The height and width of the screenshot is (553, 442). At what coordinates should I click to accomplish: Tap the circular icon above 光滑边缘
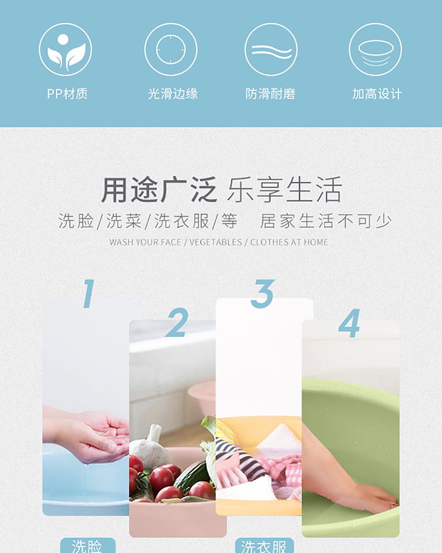click(171, 49)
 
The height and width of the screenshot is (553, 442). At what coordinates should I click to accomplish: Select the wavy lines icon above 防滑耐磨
click(271, 49)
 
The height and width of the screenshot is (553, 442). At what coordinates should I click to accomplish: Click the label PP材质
click(67, 94)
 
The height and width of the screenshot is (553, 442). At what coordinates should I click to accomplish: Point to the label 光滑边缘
click(173, 94)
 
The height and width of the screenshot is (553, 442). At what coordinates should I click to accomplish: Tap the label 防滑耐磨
click(271, 94)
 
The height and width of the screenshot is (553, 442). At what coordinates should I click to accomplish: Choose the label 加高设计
click(377, 94)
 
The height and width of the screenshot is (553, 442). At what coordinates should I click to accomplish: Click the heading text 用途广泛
click(159, 190)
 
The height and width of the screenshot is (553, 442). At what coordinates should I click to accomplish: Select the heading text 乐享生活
click(285, 190)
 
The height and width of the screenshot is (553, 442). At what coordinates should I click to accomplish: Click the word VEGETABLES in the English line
click(216, 242)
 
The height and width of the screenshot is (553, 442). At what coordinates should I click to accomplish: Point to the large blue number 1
click(88, 293)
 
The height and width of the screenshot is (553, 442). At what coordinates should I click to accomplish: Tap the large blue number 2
click(176, 322)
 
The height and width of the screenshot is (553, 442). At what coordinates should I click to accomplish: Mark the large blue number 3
click(262, 293)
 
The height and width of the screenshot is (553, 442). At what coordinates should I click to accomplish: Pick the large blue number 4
click(349, 323)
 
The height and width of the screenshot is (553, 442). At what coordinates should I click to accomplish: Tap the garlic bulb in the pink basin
click(150, 443)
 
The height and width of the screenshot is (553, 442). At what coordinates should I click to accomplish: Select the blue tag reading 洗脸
click(88, 545)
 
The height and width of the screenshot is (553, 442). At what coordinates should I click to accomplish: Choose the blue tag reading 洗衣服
click(265, 545)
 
